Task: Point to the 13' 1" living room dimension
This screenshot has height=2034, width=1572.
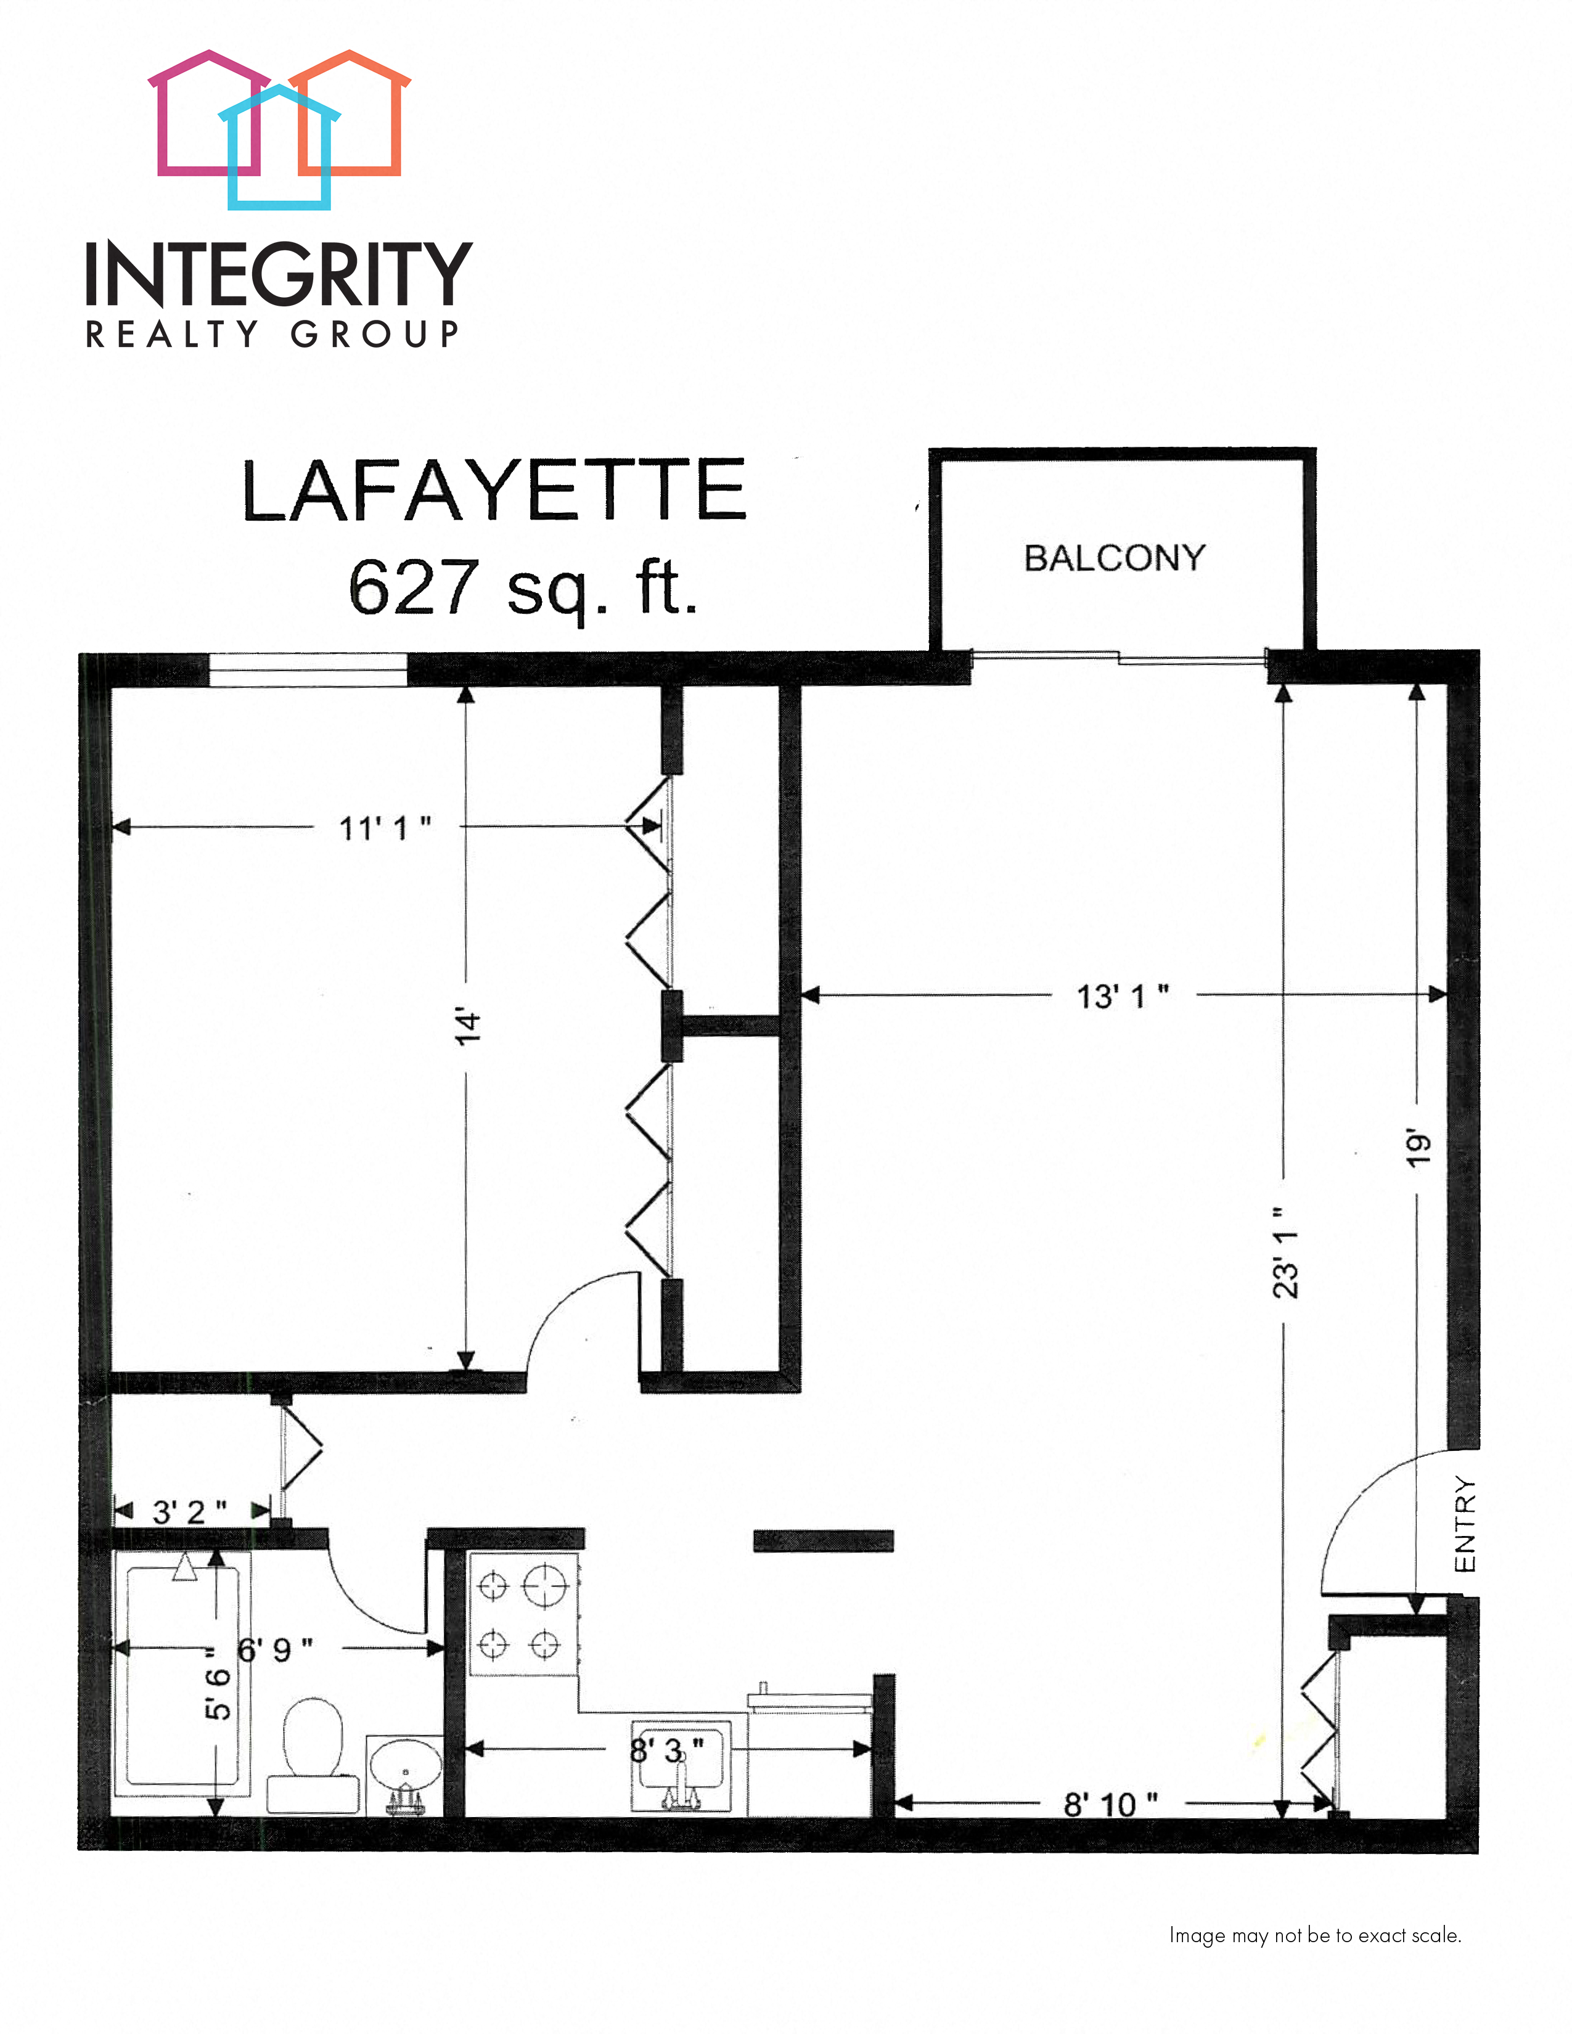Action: (1122, 997)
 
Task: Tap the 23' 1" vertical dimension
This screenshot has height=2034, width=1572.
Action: (1285, 1252)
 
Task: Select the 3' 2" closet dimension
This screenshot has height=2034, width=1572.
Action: (189, 1511)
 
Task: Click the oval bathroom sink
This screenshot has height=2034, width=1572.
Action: (404, 1766)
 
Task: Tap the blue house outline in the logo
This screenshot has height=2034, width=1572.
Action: (279, 149)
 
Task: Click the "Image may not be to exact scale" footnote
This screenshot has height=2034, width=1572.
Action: (1314, 1935)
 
